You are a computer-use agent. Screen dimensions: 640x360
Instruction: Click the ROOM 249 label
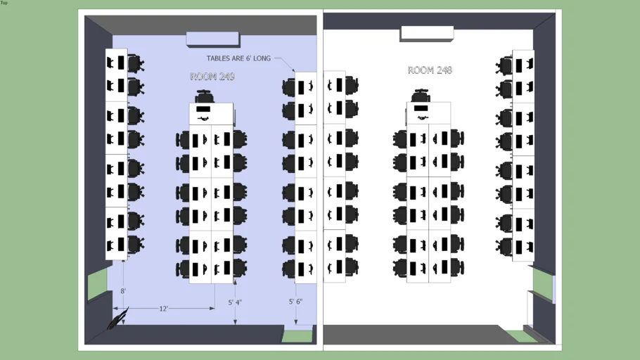pyautogui.click(x=212, y=77)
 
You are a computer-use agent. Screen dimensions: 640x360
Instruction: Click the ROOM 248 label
pyautogui.click(x=430, y=70)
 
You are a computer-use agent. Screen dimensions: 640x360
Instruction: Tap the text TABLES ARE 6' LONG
pyautogui.click(x=238, y=58)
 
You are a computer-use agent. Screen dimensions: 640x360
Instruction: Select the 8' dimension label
pyautogui.click(x=123, y=291)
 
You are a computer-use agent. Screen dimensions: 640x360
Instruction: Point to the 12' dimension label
pyautogui.click(x=163, y=309)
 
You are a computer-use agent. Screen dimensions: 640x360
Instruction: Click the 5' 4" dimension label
pyautogui.click(x=235, y=302)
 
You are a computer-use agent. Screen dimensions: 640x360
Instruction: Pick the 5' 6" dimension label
pyautogui.click(x=295, y=302)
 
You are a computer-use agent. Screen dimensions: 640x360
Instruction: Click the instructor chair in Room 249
pyautogui.click(x=205, y=96)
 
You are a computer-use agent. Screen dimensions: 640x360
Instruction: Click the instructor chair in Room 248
pyautogui.click(x=421, y=96)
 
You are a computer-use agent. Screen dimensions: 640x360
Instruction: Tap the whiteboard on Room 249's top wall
pyautogui.click(x=213, y=39)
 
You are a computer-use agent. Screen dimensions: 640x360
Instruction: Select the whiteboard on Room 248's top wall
pyautogui.click(x=427, y=34)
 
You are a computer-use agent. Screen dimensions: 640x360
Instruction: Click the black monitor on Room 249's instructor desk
pyautogui.click(x=203, y=109)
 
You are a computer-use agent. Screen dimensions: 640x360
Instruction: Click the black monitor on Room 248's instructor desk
pyautogui.click(x=421, y=108)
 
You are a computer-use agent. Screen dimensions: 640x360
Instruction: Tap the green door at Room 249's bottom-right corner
pyautogui.click(x=297, y=336)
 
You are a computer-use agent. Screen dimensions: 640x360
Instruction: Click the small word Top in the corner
pyautogui.click(x=4, y=2)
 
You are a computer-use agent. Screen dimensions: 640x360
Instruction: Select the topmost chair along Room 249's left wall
pyautogui.click(x=136, y=64)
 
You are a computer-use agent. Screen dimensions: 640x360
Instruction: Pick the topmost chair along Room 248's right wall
pyautogui.click(x=504, y=65)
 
